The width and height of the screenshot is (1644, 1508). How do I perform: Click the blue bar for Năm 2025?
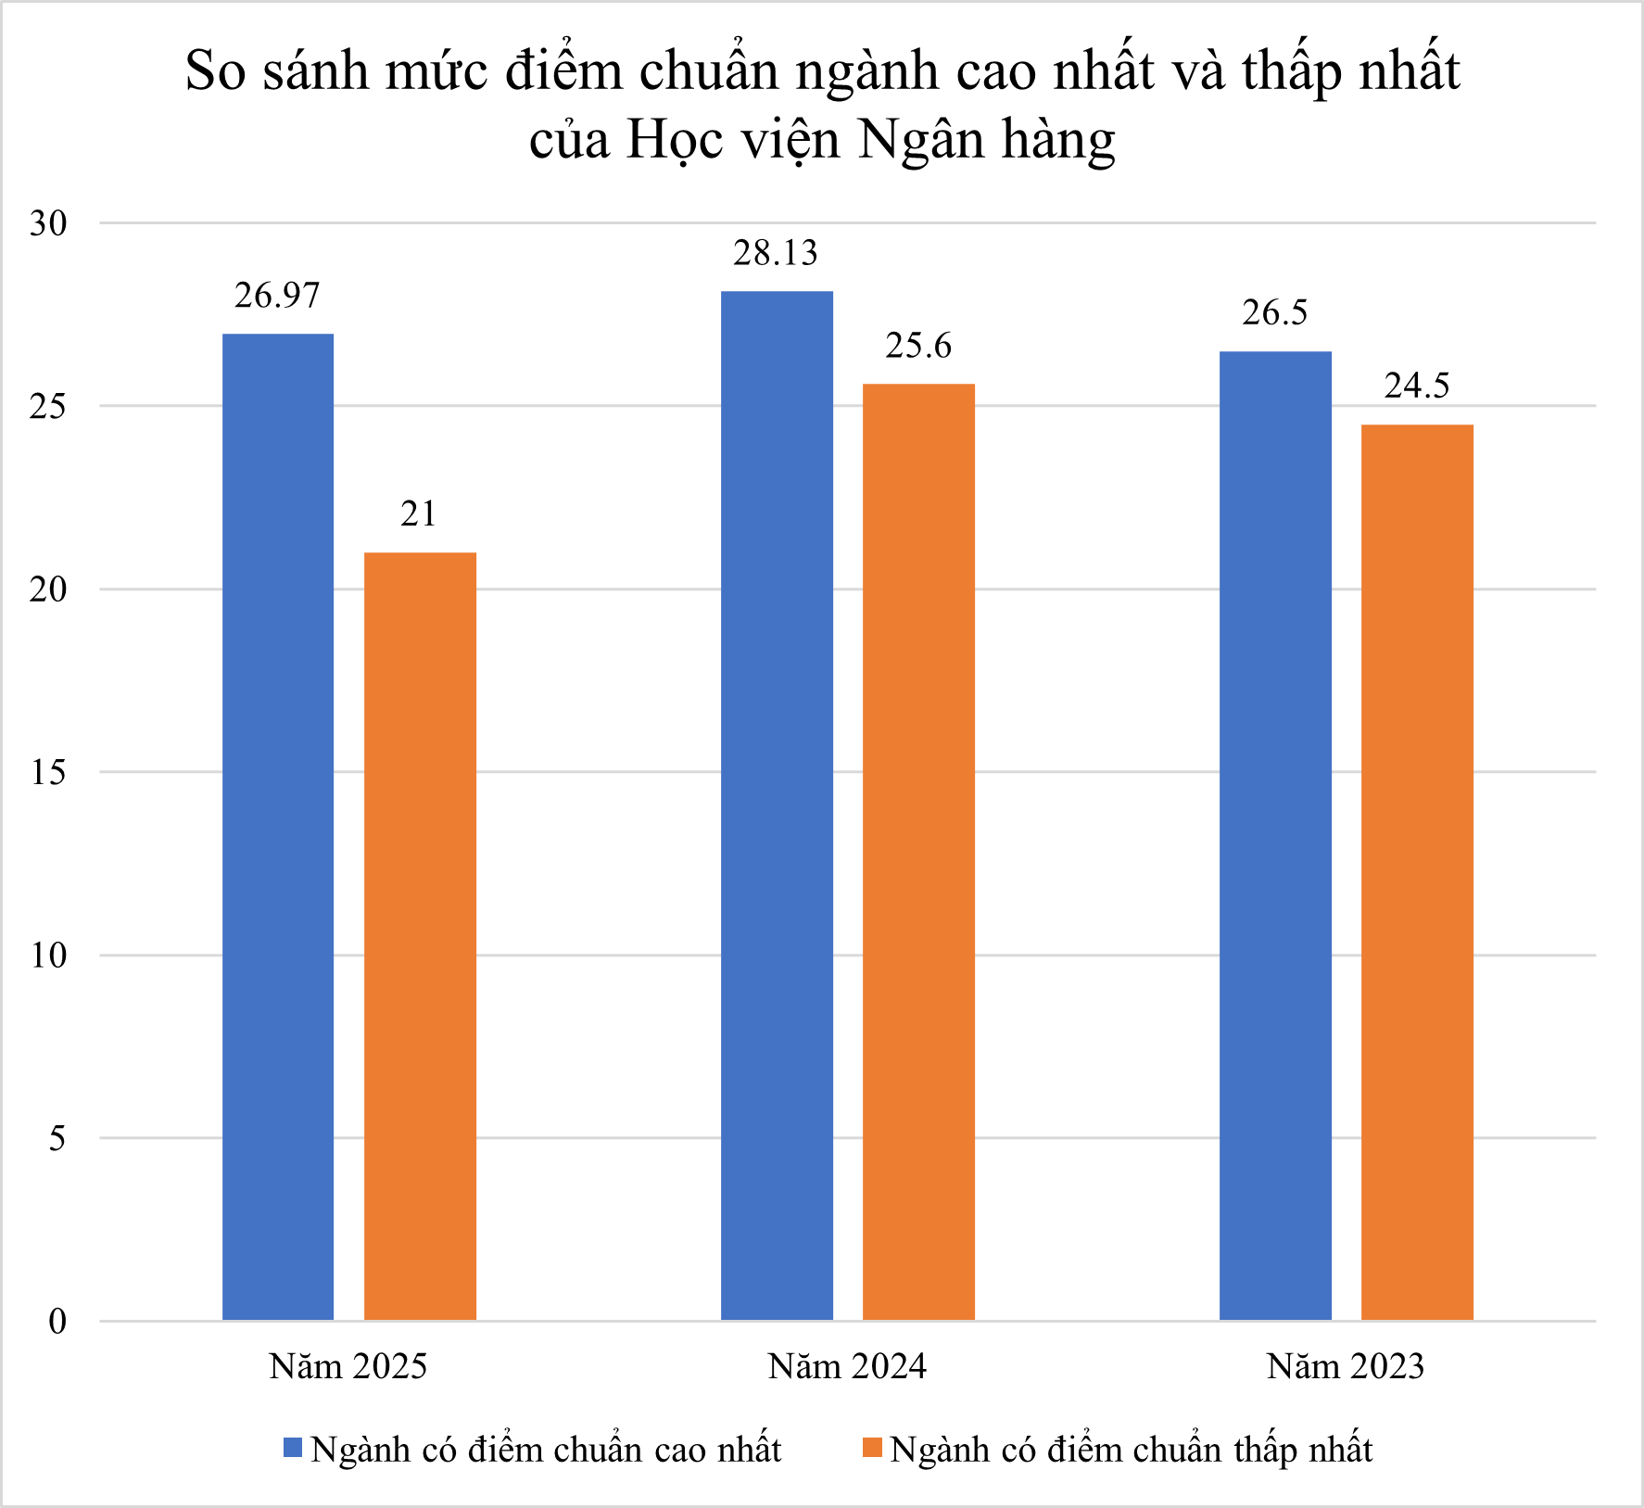[278, 825]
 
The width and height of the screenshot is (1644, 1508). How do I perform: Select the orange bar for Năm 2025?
[420, 936]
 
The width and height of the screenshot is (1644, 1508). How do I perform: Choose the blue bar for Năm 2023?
[1275, 834]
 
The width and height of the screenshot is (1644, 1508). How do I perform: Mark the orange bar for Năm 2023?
[1417, 871]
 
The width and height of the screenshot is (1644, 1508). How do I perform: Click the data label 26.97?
[277, 296]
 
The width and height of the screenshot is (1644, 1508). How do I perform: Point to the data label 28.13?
[776, 253]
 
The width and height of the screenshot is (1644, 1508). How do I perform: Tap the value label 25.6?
[918, 346]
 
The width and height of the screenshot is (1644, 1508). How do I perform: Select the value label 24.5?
[1417, 386]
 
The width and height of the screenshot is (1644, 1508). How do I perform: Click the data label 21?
[419, 513]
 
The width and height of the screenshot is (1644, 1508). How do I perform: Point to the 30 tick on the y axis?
[48, 223]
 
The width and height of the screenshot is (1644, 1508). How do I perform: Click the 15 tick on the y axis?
[48, 772]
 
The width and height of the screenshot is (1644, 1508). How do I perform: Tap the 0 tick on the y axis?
[57, 1321]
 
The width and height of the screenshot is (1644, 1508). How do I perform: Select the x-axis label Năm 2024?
[847, 1366]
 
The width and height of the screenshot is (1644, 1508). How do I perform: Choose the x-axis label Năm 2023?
[1346, 1366]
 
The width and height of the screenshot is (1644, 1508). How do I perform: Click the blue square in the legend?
[293, 1448]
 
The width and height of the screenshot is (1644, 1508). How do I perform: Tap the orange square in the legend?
[872, 1448]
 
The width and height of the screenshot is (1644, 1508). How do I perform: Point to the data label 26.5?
[1275, 313]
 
